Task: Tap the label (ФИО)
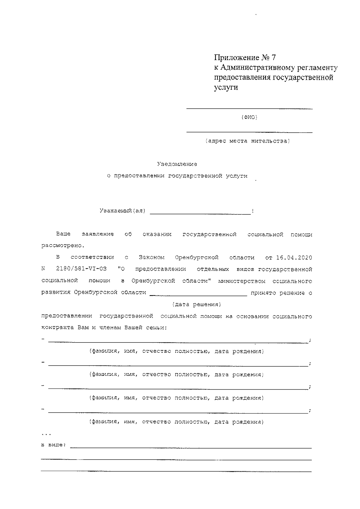click(x=249, y=117)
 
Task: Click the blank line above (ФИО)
click(x=249, y=108)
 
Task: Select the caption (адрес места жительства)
click(x=248, y=141)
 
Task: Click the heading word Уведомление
click(x=177, y=164)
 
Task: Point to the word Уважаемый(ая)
click(x=122, y=211)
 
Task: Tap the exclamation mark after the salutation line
click(x=253, y=211)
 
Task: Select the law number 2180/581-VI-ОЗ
click(x=81, y=269)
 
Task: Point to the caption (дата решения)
click(x=196, y=305)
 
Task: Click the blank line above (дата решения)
click(x=198, y=295)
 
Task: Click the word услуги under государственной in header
click(x=226, y=88)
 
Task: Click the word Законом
click(x=152, y=258)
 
